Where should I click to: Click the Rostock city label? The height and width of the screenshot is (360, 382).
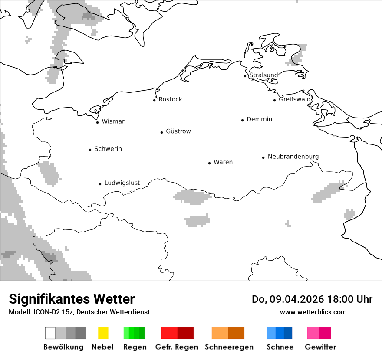170,99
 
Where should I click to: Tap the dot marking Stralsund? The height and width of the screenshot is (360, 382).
245,76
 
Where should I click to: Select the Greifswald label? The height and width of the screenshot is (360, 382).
295,99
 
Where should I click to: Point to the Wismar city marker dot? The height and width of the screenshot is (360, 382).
97,122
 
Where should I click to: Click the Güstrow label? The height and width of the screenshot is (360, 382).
178,131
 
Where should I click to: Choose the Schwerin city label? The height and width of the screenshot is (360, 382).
108,149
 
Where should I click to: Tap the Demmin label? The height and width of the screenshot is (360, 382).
259,119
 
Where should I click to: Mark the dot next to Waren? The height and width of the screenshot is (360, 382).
209,163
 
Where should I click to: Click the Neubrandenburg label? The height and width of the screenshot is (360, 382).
293,157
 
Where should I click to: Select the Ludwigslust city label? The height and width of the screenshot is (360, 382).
122,183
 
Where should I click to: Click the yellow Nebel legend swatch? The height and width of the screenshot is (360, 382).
103,333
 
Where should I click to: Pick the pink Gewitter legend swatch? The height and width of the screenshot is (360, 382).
319,333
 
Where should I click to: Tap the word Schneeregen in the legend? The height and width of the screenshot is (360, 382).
229,347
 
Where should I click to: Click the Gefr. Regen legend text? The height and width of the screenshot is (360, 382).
176,347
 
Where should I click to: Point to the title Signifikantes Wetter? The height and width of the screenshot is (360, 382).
72,299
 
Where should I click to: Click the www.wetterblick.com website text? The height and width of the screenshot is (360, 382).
313,312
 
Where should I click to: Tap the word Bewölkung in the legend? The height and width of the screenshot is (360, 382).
63,347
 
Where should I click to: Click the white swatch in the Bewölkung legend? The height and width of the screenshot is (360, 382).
50,333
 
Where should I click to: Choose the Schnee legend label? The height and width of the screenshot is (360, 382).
280,347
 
